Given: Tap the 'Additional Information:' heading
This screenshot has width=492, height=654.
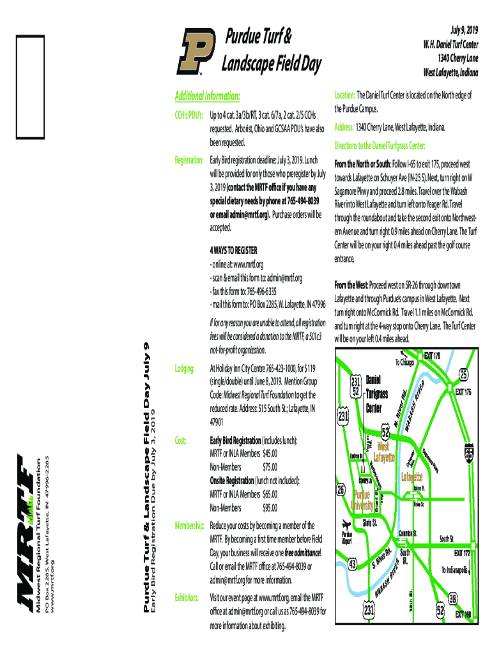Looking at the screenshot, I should (208, 96).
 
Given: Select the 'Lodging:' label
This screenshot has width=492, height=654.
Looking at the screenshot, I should (185, 369).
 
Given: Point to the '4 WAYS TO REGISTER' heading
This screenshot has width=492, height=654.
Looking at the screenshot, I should (233, 249).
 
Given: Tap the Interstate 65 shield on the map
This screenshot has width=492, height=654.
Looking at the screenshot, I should (470, 452).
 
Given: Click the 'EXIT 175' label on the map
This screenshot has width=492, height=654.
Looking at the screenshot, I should (463, 392).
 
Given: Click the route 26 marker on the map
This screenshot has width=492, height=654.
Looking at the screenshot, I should (341, 490).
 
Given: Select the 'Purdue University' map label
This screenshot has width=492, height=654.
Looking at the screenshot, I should (363, 500).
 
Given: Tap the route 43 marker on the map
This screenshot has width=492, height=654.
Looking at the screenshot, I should (352, 564).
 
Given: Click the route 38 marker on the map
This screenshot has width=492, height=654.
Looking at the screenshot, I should (453, 598).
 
